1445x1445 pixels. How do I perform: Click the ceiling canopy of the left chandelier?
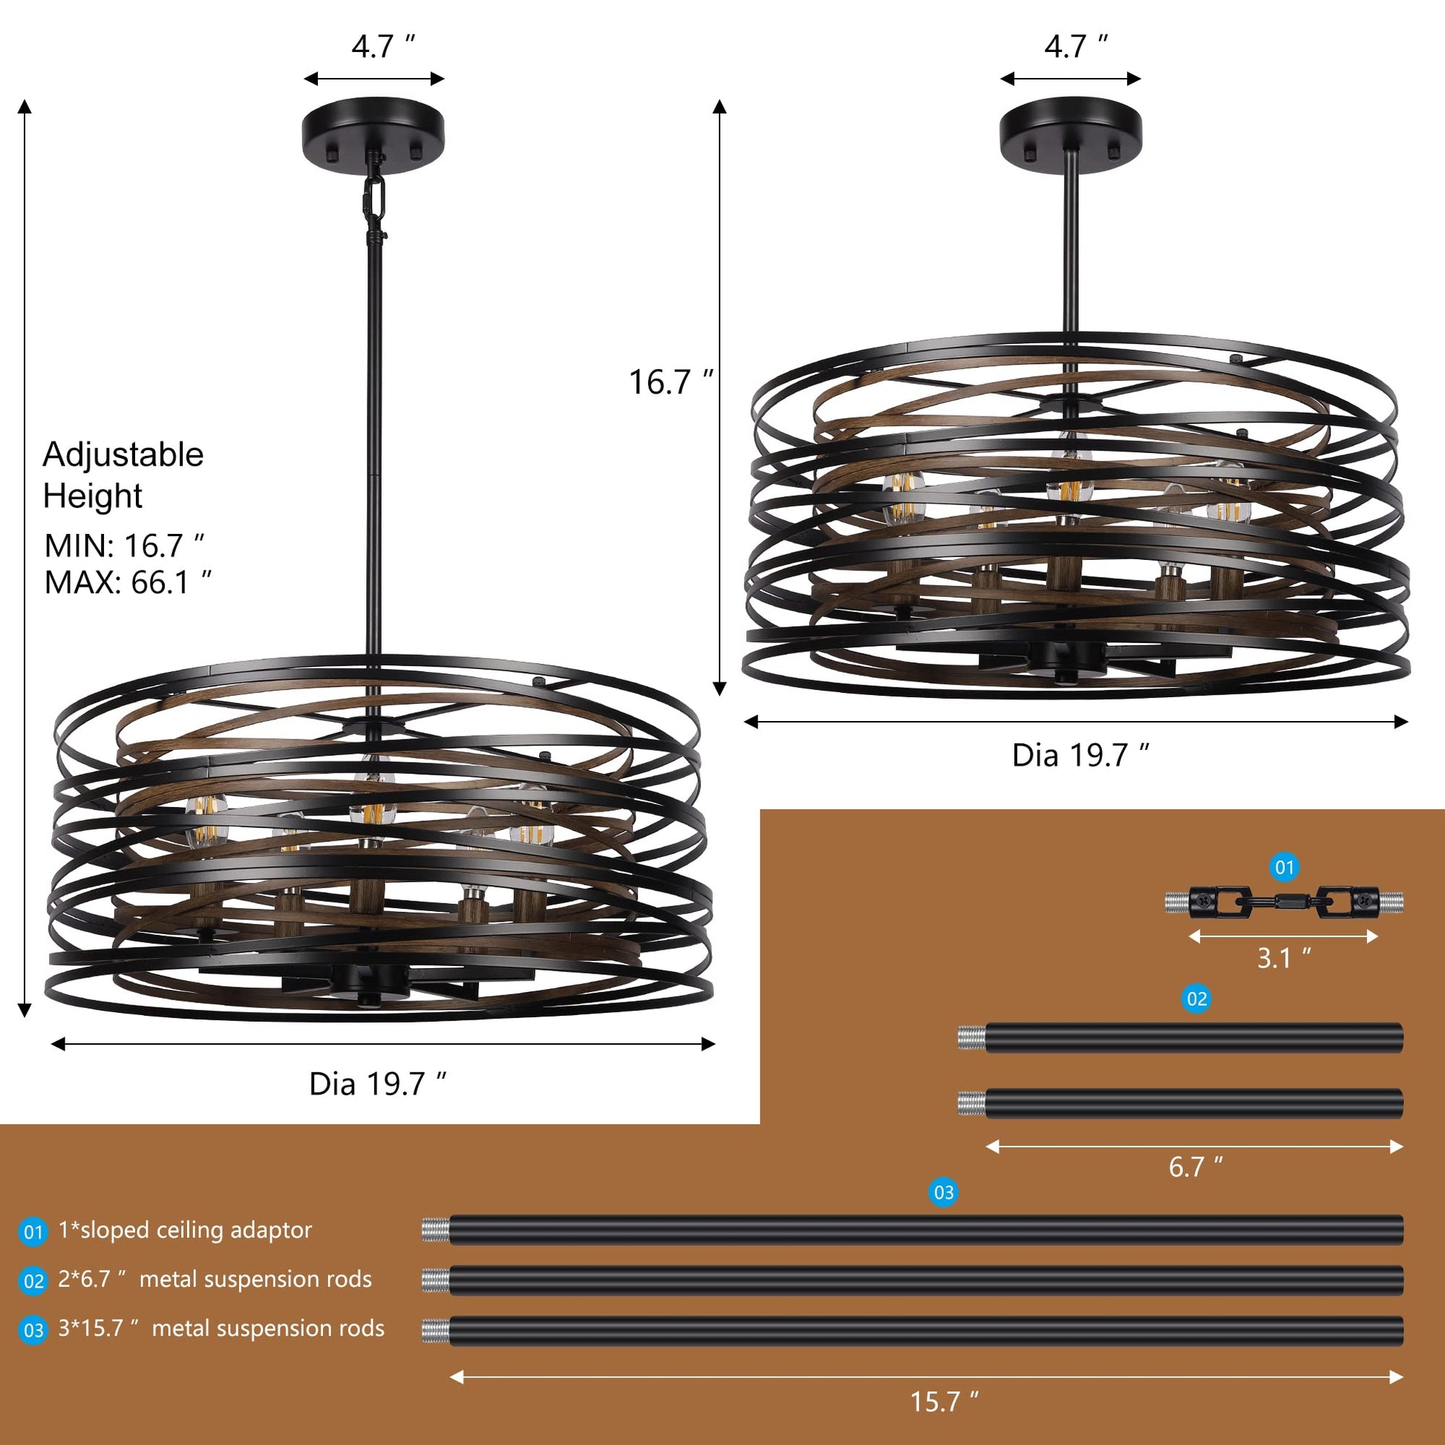pos(374,134)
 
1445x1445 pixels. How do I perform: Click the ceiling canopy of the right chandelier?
pos(1071,134)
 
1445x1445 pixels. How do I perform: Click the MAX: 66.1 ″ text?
pos(128,583)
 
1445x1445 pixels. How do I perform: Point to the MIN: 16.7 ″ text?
pos(124,546)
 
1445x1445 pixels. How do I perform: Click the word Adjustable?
pos(123,454)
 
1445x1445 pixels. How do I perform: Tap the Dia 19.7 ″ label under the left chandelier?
pos(379,1084)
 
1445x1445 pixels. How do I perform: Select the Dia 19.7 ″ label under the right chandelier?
pos(1080,755)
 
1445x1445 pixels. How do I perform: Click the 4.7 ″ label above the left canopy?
pos(383,46)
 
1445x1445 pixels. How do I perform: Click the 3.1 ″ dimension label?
pos(1283,957)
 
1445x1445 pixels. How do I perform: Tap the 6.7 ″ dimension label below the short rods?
pos(1196,1166)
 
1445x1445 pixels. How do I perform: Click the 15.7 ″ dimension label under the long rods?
pos(944,1401)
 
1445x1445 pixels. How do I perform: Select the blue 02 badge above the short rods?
pos(1197,999)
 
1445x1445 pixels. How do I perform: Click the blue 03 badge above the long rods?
pos(944,1193)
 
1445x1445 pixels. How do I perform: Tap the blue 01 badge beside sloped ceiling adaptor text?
pos(33,1232)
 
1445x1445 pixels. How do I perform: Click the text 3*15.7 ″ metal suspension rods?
pos(221,1328)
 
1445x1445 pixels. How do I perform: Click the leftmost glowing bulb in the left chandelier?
pos(206,821)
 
